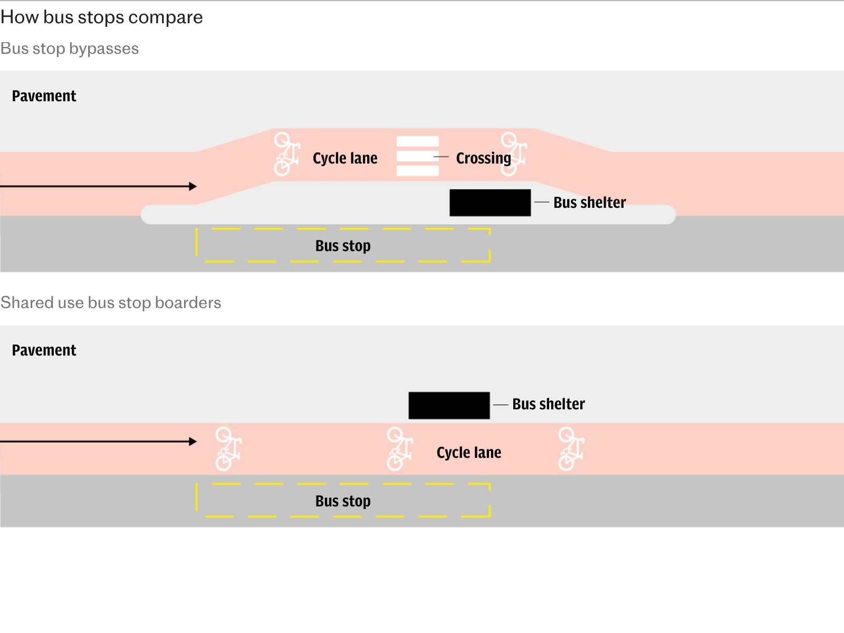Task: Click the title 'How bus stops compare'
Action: pyautogui.click(x=101, y=17)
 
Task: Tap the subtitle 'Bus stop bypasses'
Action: pyautogui.click(x=70, y=49)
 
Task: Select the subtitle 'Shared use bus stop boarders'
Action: pyautogui.click(x=111, y=303)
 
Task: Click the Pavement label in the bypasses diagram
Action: pyautogui.click(x=44, y=96)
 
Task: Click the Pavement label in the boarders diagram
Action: pyautogui.click(x=44, y=350)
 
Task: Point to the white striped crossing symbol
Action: pyautogui.click(x=418, y=156)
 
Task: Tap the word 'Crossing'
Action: pyautogui.click(x=483, y=158)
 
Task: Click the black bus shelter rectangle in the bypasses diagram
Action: pyautogui.click(x=490, y=203)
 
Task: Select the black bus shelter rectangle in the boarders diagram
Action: pyautogui.click(x=449, y=406)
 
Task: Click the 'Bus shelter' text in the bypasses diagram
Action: pyautogui.click(x=589, y=203)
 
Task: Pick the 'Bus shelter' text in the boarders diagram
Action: pyautogui.click(x=548, y=404)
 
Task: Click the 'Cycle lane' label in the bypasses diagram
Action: pyautogui.click(x=345, y=158)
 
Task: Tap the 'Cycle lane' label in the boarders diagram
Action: pyautogui.click(x=469, y=453)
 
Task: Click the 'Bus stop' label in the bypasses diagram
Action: pyautogui.click(x=343, y=246)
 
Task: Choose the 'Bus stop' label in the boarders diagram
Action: pyautogui.click(x=343, y=501)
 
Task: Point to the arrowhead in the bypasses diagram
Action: pyautogui.click(x=193, y=186)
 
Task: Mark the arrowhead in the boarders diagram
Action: pyautogui.click(x=193, y=442)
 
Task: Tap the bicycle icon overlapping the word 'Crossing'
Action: pyautogui.click(x=514, y=154)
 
